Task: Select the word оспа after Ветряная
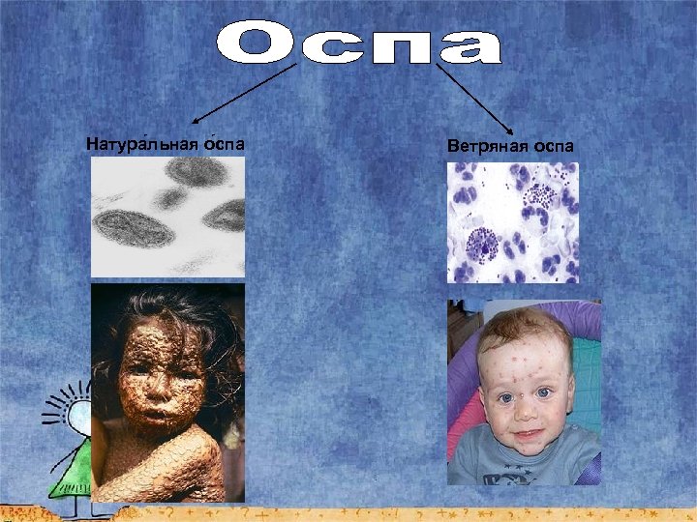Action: tap(552, 146)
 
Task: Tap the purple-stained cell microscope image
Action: tap(512, 222)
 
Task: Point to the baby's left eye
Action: tap(545, 393)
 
